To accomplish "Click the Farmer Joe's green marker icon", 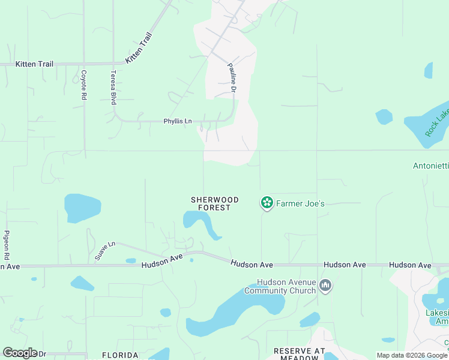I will pyautogui.click(x=267, y=203).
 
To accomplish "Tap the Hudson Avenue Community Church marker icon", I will pyautogui.click(x=325, y=284).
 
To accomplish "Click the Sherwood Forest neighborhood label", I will pyautogui.click(x=214, y=203).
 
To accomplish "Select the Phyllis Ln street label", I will pyautogui.click(x=178, y=121).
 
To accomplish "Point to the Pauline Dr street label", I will pyautogui.click(x=231, y=79).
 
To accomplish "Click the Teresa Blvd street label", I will pyautogui.click(x=112, y=88).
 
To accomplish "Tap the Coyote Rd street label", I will pyautogui.click(x=83, y=85).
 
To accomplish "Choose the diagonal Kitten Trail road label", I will pyautogui.click(x=139, y=48).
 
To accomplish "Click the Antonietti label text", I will pyautogui.click(x=430, y=166).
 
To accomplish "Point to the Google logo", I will pyautogui.click(x=19, y=353).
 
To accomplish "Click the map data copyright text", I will pyautogui.click(x=412, y=355).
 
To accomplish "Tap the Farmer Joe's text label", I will pyautogui.click(x=300, y=203).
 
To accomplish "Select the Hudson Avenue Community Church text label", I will pyautogui.click(x=280, y=287).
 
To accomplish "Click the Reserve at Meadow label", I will pyautogui.click(x=299, y=354).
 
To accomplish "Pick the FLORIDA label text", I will pyautogui.click(x=119, y=355).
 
